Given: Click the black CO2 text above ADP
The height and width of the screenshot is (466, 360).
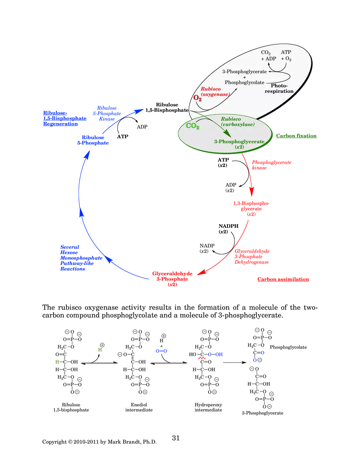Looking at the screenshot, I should [266, 53].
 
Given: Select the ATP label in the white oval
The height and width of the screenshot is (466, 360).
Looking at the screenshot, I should [286, 52].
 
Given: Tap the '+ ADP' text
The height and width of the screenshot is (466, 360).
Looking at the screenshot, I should [268, 59].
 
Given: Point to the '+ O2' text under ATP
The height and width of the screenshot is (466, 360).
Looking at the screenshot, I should [286, 59].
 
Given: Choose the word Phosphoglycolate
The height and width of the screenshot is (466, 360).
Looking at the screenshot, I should [244, 82].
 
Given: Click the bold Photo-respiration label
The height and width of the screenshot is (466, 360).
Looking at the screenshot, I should [282, 88].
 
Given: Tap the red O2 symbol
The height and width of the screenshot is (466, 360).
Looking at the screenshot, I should [197, 98].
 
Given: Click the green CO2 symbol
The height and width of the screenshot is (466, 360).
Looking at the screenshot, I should [192, 126].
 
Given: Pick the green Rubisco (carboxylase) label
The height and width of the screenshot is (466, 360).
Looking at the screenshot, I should [237, 121].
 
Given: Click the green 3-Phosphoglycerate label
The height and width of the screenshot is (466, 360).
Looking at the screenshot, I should [239, 142].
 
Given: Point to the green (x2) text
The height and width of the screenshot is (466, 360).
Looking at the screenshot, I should [239, 147].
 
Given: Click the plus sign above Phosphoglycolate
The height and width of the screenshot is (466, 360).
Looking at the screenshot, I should [244, 77].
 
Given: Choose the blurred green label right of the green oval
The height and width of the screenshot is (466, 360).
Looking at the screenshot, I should [296, 135].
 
